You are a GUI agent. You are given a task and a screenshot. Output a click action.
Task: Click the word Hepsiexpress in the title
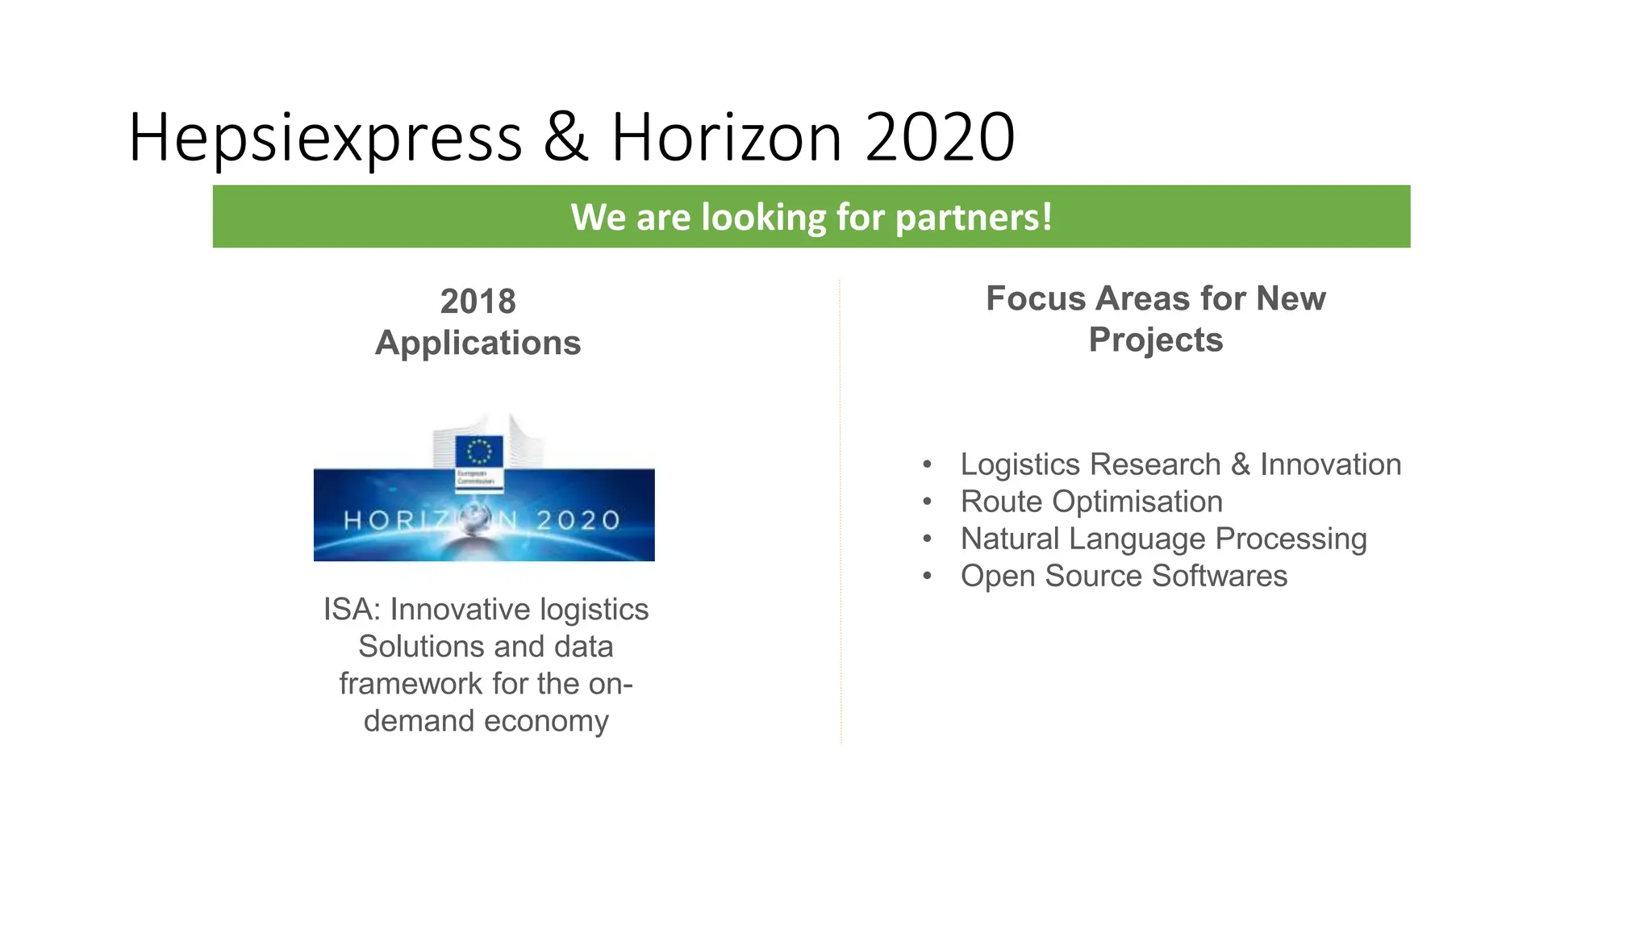point(325,139)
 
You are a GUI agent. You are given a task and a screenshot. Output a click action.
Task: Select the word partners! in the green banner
point(974,217)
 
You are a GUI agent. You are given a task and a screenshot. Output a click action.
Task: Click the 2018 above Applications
point(478,302)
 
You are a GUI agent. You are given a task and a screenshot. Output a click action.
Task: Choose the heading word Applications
point(478,343)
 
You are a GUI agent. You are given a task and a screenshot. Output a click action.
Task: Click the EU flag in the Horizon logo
point(479,451)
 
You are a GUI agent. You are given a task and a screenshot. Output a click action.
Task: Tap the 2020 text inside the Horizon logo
point(578,520)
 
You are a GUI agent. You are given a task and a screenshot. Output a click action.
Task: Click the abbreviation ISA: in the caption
point(352,610)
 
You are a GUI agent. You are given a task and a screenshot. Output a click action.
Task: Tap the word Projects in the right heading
point(1155,340)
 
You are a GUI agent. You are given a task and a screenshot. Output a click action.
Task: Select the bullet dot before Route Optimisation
point(928,502)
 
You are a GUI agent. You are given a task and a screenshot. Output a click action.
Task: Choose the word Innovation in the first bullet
point(1330,464)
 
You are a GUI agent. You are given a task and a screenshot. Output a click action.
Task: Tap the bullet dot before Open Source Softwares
point(928,576)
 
